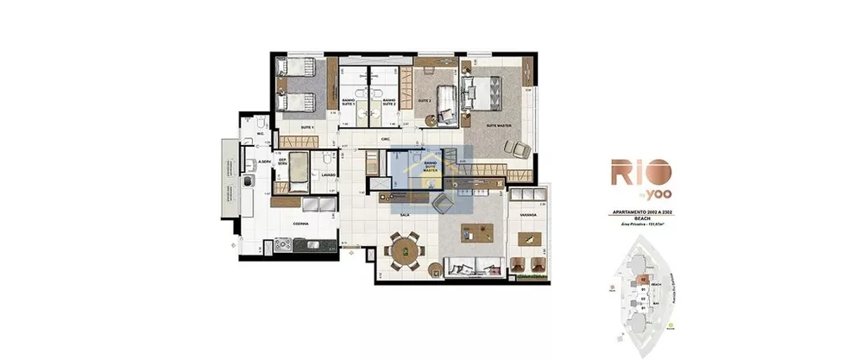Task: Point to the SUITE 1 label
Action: (306, 127)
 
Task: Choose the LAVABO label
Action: (328, 174)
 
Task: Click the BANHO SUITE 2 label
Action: (388, 102)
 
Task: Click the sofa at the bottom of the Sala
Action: (470, 266)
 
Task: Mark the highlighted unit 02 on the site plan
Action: (643, 280)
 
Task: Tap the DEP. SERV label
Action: (282, 171)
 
